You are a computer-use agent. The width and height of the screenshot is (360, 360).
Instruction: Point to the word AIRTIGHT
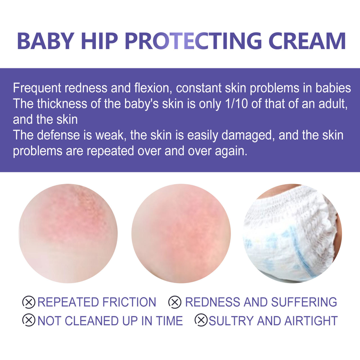(x=311, y=320)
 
